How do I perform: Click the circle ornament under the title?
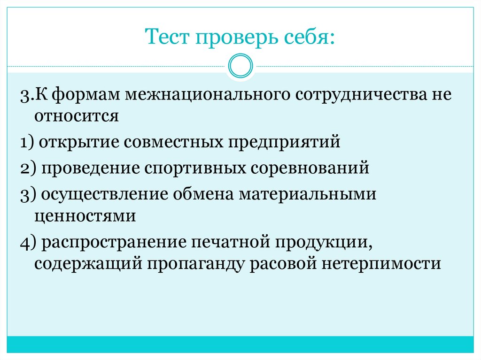tap(240, 66)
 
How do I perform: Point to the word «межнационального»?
tap(207, 95)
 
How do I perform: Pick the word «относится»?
tap(76, 116)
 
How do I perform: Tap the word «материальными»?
tap(308, 194)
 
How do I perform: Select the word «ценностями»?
tap(85, 216)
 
